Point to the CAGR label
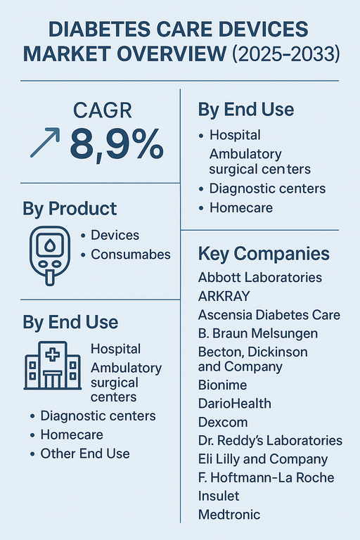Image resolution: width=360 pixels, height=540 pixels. [x=103, y=110]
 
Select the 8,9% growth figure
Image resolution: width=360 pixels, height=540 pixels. [x=117, y=145]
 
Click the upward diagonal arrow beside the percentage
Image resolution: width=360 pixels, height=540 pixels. [x=45, y=143]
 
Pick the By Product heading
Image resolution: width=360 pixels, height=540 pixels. [x=70, y=209]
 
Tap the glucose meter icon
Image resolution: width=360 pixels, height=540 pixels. [x=48, y=254]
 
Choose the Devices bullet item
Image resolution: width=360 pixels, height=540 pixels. [x=115, y=235]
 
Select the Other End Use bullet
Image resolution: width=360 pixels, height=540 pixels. [x=84, y=454]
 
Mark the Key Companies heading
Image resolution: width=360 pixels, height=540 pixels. [x=264, y=254]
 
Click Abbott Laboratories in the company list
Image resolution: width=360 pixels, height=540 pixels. [x=260, y=277]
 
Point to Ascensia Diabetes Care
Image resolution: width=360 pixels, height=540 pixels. [x=269, y=314]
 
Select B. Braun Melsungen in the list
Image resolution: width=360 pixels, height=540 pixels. [x=258, y=333]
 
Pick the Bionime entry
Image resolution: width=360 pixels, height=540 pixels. [x=223, y=385]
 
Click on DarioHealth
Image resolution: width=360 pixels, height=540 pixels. [x=234, y=404]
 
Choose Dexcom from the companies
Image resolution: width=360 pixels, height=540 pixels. [x=222, y=422]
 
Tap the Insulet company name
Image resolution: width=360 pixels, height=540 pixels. [x=219, y=496]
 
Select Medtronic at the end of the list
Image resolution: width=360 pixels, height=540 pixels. [x=229, y=514]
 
